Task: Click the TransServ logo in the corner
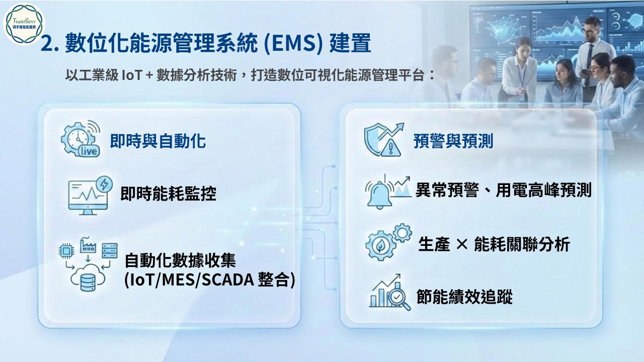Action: tap(24, 24)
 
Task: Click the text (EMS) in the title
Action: tap(293, 43)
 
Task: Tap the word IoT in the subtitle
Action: tap(132, 75)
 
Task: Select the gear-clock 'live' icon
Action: tap(81, 139)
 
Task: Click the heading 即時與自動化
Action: tap(158, 141)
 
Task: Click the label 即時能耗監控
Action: tap(168, 194)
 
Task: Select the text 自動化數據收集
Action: tap(180, 260)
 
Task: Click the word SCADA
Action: tap(227, 280)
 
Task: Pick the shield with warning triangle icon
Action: tap(383, 140)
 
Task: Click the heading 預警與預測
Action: tap(453, 141)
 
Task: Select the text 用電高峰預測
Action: tap(544, 190)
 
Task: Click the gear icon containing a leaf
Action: tap(380, 245)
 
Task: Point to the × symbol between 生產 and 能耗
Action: tap(462, 244)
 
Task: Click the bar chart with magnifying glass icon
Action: tap(389, 292)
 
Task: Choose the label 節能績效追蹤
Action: tap(464, 297)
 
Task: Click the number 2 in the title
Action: tap(47, 44)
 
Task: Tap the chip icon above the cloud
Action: tap(66, 251)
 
